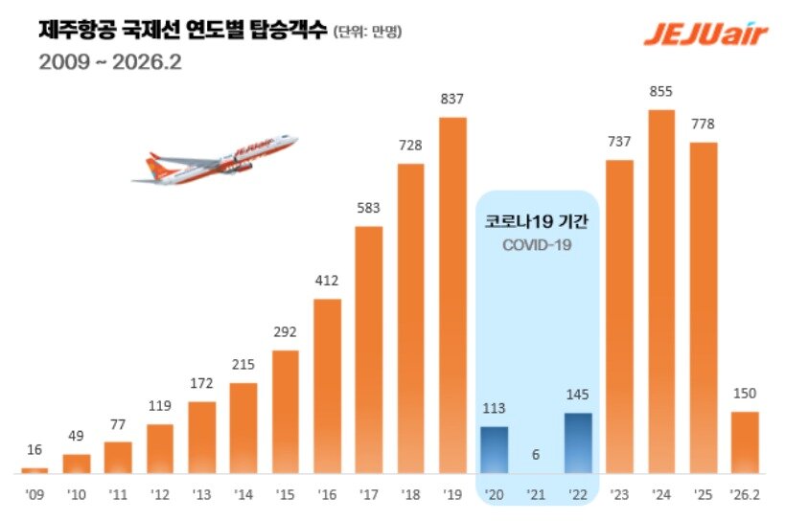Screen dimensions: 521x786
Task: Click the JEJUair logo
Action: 705,34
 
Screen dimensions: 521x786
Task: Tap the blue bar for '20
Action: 494,449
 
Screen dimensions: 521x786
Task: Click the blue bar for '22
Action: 578,442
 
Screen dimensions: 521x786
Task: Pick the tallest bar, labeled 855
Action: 661,291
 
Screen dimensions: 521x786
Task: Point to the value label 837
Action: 452,100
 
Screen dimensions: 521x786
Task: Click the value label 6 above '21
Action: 536,457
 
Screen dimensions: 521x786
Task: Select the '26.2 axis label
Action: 745,496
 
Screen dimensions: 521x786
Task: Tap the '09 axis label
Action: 35,496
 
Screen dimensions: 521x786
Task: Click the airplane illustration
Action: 214,159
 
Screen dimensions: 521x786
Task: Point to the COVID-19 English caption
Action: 536,245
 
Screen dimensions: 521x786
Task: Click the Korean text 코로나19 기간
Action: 536,221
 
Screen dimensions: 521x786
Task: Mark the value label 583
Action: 369,209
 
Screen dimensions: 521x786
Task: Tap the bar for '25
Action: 704,307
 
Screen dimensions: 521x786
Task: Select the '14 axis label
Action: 243,496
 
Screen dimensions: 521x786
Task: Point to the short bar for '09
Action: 35,469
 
